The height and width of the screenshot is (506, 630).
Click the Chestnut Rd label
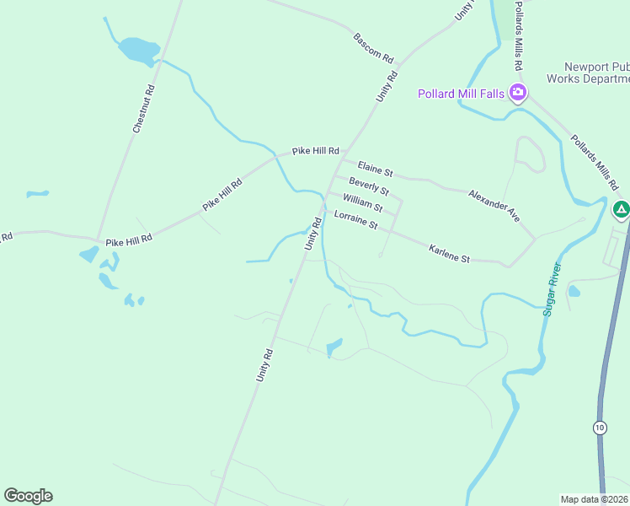point(144,108)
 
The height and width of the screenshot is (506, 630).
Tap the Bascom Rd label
point(373,49)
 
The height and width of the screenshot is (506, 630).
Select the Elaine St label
point(375,169)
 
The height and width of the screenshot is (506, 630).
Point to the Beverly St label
point(369,186)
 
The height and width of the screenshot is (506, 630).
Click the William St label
point(363,202)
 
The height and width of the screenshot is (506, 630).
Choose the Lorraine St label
point(355,221)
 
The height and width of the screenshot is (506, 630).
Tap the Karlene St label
point(449,253)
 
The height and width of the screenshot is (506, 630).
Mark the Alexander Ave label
point(494,205)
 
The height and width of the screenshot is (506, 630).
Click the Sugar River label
point(553,289)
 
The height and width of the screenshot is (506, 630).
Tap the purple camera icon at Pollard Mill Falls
point(518,93)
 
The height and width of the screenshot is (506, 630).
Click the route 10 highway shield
point(599,427)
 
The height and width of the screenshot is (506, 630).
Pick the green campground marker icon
point(622,209)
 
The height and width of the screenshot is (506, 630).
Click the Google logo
point(28,496)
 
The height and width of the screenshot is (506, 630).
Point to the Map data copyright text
point(594,498)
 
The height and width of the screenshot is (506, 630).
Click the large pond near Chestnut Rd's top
point(137,50)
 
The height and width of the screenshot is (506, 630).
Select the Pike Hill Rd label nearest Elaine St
point(315,151)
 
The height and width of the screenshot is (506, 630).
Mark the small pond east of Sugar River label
point(574,292)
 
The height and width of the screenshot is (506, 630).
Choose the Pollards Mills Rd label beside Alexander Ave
point(595,162)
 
